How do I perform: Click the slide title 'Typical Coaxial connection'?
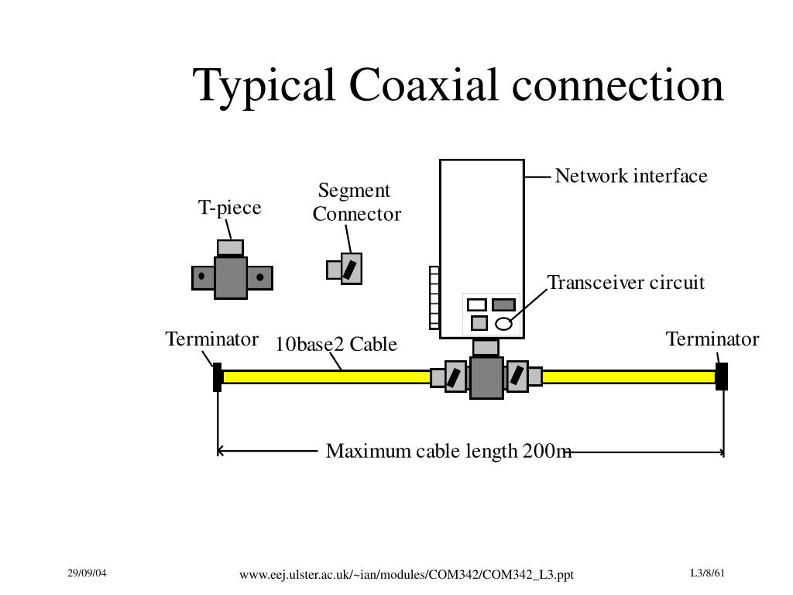458,84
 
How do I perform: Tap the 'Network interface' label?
631,177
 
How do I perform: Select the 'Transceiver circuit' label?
626,283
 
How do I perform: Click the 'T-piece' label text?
230,208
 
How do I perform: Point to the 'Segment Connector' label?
356,203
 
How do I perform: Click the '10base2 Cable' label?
336,344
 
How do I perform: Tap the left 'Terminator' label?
211,339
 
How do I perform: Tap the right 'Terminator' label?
712,339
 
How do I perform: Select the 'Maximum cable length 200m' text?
448,451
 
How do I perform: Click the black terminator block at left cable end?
218,377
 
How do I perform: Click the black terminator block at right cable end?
722,376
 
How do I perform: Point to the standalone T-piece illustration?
231,276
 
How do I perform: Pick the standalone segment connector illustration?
346,269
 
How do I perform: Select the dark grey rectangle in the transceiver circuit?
503,304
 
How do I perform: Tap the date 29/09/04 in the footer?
87,573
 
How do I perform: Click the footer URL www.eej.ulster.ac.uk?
407,574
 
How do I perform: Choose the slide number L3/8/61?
708,573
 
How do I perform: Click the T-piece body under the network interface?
486,377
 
